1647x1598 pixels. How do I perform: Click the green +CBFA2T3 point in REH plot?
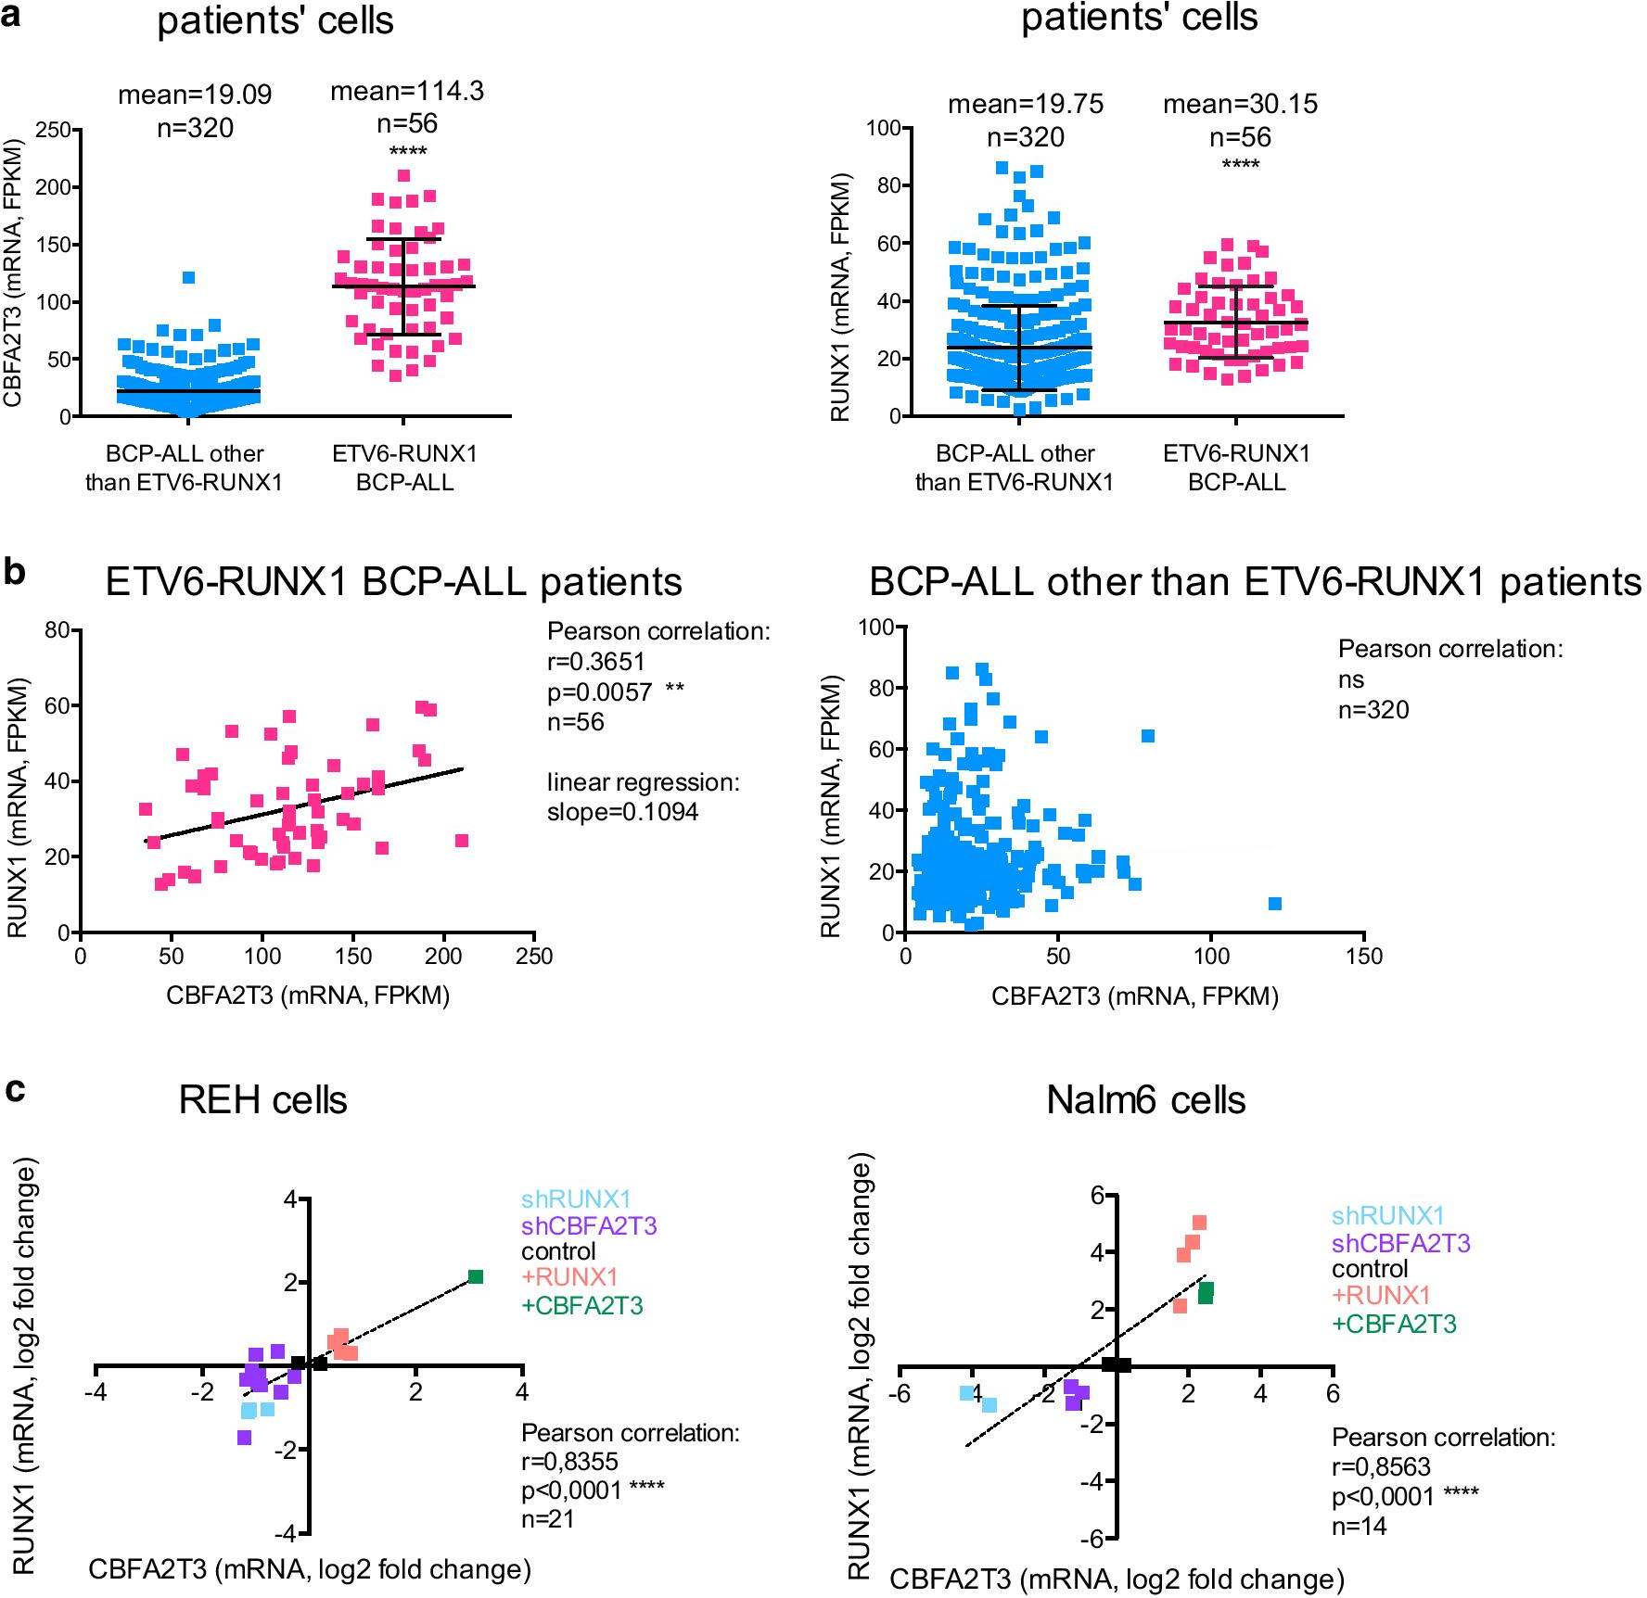pos(476,1276)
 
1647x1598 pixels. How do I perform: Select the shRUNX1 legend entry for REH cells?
pos(575,1199)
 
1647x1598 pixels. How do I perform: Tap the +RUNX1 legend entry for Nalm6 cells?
pos(1381,1295)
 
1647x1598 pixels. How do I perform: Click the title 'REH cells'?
pos(262,1100)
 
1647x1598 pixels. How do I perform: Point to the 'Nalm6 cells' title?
pos(1145,1100)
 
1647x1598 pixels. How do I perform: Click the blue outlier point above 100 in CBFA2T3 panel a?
pos(188,277)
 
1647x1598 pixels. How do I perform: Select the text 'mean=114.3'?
pos(407,91)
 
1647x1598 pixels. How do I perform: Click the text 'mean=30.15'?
pos(1240,104)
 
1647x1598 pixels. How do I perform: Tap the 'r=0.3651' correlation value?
pos(595,662)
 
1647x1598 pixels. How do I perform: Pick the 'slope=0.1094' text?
pos(622,812)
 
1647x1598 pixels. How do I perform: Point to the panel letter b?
pos(14,572)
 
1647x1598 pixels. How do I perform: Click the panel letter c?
pos(14,1090)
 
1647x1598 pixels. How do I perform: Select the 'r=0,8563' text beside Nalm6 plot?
pos(1381,1466)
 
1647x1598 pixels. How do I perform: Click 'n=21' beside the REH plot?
pos(547,1518)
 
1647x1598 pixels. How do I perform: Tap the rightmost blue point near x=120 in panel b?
pos(1274,904)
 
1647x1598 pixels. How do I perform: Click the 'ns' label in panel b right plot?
pos(1350,679)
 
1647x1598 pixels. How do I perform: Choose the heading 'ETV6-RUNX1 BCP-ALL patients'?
pos(393,582)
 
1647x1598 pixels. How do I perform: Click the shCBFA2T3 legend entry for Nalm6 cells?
pos(1400,1243)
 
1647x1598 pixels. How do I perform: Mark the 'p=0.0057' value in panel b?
pos(599,691)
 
